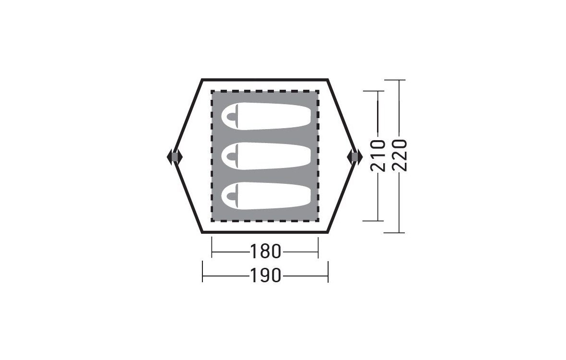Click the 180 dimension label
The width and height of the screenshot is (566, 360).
coord(265,252)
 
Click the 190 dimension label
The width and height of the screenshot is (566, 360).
coord(265,276)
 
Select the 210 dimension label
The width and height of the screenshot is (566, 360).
coord(378,156)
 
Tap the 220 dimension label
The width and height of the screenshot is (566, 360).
coord(400,156)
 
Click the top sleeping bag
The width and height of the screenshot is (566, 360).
coord(266,116)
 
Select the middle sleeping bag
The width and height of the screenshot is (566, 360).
coord(266,156)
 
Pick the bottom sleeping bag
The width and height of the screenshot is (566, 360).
coord(266,196)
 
